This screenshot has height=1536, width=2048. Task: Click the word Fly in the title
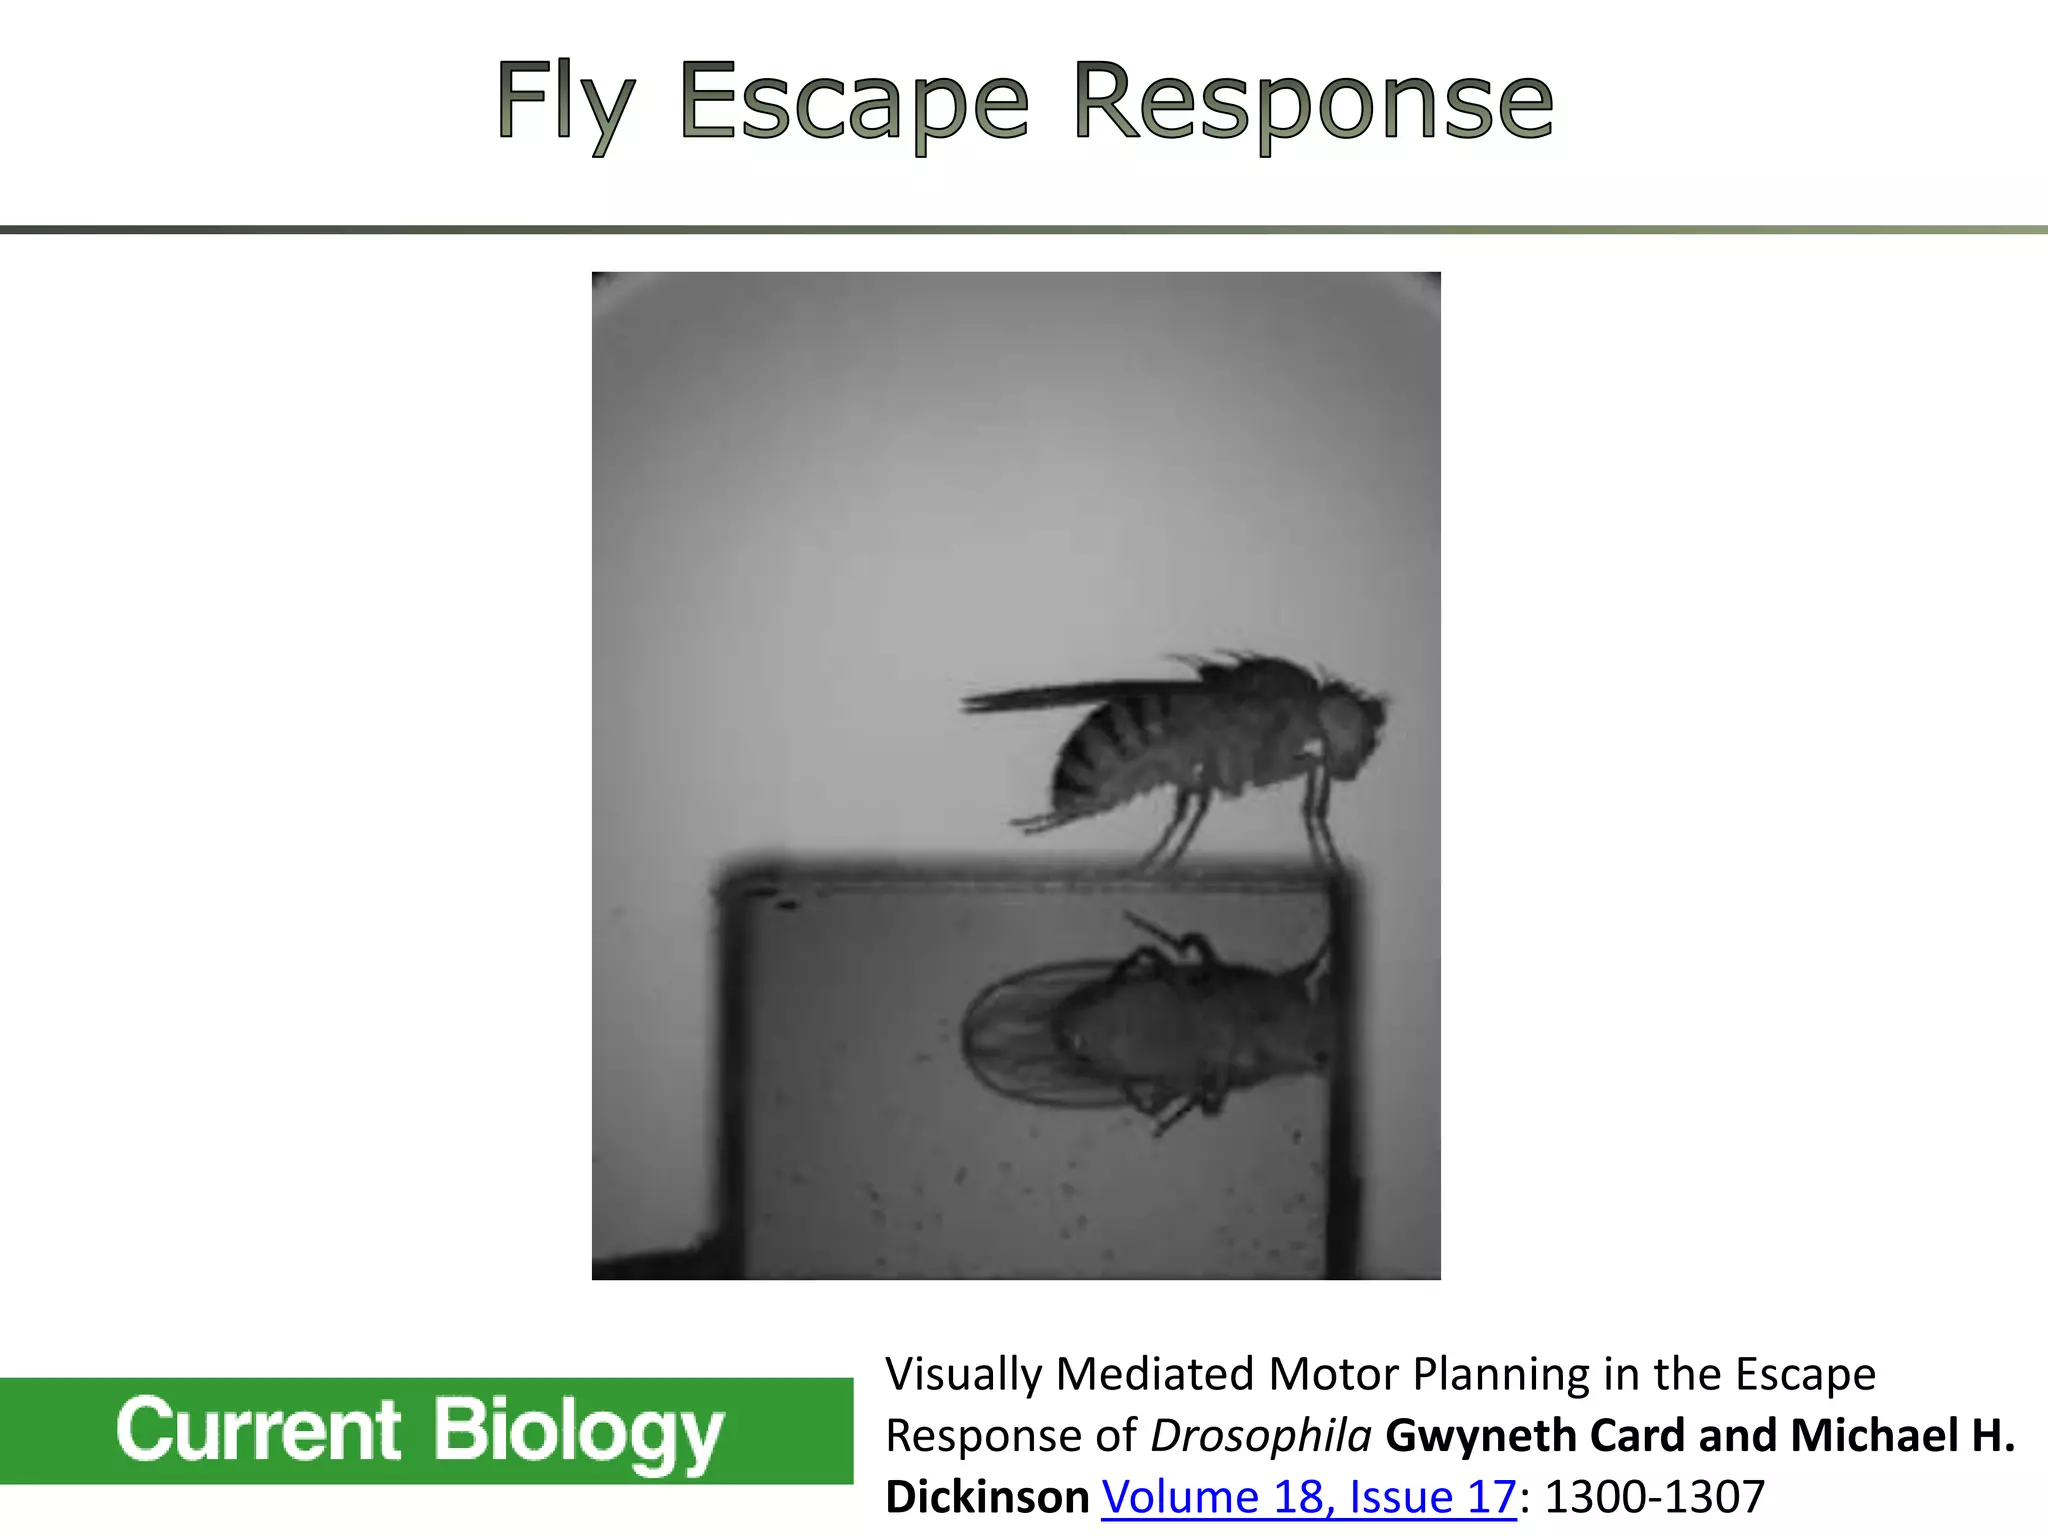[x=565, y=102]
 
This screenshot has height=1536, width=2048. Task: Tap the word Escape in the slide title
[x=853, y=102]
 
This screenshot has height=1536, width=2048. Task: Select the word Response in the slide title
[x=1312, y=102]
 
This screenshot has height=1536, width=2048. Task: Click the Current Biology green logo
[x=426, y=1430]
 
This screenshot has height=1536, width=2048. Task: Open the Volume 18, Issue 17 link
[x=1308, y=1497]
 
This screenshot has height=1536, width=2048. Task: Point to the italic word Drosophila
[x=1260, y=1436]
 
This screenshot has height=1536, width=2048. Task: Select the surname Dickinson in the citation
[x=987, y=1497]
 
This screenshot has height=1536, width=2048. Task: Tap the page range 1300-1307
[x=1655, y=1497]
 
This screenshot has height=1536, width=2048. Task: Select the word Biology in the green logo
[x=577, y=1430]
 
